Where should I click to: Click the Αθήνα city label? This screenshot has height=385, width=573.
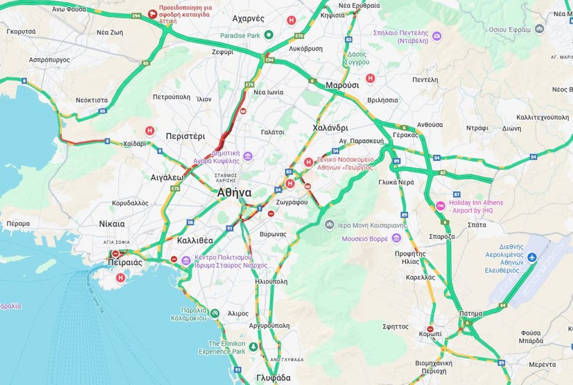[x=234, y=192]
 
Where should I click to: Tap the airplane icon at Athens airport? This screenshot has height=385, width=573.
[x=532, y=257]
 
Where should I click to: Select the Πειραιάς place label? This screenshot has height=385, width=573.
[x=125, y=262]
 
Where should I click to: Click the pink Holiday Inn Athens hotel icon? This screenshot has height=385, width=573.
[x=440, y=206]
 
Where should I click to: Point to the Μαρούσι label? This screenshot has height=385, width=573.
[x=342, y=85]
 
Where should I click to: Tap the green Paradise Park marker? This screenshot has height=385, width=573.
[x=269, y=35]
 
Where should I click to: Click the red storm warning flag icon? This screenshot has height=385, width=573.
[x=153, y=13]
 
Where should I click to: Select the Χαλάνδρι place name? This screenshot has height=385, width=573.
[x=330, y=128]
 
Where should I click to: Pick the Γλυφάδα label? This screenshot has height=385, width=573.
[x=273, y=377]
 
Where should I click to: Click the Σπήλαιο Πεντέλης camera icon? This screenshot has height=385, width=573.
[x=437, y=36]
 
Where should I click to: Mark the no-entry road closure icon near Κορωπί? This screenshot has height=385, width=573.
[x=431, y=329]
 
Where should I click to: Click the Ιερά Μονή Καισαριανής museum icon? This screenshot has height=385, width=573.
[x=329, y=225]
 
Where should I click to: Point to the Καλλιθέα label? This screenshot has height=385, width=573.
[x=195, y=240]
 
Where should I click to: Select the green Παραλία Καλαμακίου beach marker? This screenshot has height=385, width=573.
[x=215, y=313]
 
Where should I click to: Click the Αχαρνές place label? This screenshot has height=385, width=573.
[x=248, y=19]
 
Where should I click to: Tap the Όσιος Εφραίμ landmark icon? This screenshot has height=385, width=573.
[x=540, y=29]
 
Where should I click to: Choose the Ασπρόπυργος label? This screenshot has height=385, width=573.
[x=49, y=60]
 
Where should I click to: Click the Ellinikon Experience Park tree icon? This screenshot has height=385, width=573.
[x=254, y=347]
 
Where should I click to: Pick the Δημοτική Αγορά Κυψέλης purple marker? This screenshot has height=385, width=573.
[x=247, y=156]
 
